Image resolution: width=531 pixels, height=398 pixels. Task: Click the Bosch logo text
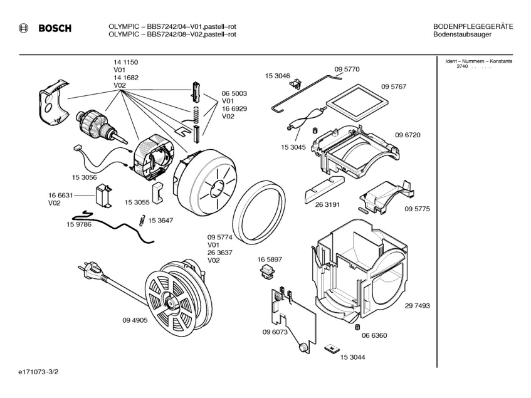coord(55,28)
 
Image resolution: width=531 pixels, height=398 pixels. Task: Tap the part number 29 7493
coord(417,305)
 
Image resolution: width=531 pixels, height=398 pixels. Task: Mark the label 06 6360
coord(375,335)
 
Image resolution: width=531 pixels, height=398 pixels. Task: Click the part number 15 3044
coord(353,357)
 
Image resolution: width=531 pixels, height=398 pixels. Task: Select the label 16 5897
coord(269,259)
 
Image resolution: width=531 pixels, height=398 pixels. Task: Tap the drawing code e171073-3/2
coord(38,372)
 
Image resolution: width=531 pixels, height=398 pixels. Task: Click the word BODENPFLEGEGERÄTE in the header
coord(473,26)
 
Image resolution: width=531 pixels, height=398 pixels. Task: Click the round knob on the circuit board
coord(303,347)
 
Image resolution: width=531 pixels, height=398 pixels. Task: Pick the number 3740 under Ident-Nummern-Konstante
coord(461,66)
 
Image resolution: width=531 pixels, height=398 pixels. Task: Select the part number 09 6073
coord(275,332)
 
